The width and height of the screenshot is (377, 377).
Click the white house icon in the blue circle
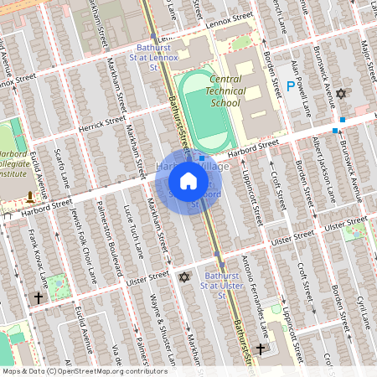[x=188, y=180]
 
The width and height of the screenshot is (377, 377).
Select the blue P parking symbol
[x=291, y=85]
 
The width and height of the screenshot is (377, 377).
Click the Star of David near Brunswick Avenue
[x=340, y=94]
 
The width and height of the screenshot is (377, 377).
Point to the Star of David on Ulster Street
[x=184, y=277]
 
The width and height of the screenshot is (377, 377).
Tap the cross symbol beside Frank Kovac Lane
[x=38, y=297]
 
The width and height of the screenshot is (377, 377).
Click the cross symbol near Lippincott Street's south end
[x=260, y=349]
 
